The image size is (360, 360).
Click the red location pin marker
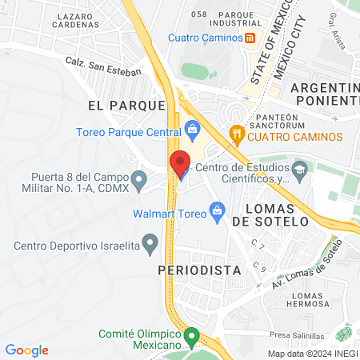(x=180, y=162)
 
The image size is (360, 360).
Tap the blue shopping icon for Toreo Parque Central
(x=191, y=128)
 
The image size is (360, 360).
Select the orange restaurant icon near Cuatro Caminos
(x=236, y=134)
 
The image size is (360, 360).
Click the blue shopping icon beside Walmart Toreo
(x=216, y=211)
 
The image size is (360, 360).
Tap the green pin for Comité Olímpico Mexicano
(x=191, y=336)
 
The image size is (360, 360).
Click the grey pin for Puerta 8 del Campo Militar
(x=140, y=182)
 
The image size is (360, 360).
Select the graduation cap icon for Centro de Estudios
(x=299, y=169)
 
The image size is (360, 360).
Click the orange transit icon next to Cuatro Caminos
(x=250, y=38)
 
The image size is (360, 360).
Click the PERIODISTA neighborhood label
(x=200, y=270)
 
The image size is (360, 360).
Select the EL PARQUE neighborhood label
(x=127, y=104)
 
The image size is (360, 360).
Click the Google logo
(x=26, y=350)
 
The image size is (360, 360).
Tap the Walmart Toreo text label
(x=169, y=212)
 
